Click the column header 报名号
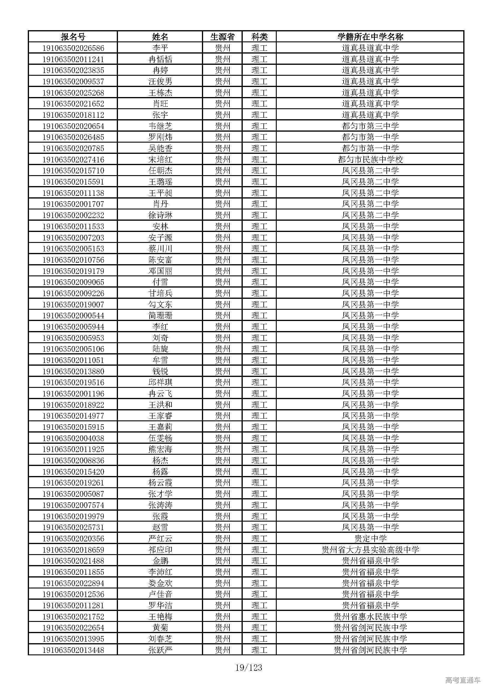(73, 37)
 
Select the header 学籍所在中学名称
(370, 37)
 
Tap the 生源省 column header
(222, 37)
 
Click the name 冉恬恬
(160, 59)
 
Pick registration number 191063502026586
(73, 48)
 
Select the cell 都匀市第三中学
(370, 126)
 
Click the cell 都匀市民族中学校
(370, 159)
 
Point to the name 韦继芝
(160, 126)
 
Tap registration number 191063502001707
(73, 204)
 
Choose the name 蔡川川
(160, 249)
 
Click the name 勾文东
(160, 304)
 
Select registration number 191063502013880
(73, 371)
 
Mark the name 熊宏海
(160, 449)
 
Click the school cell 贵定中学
(370, 538)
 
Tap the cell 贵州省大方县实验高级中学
(370, 550)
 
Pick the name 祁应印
(160, 550)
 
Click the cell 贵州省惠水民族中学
(370, 617)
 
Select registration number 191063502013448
(73, 650)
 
